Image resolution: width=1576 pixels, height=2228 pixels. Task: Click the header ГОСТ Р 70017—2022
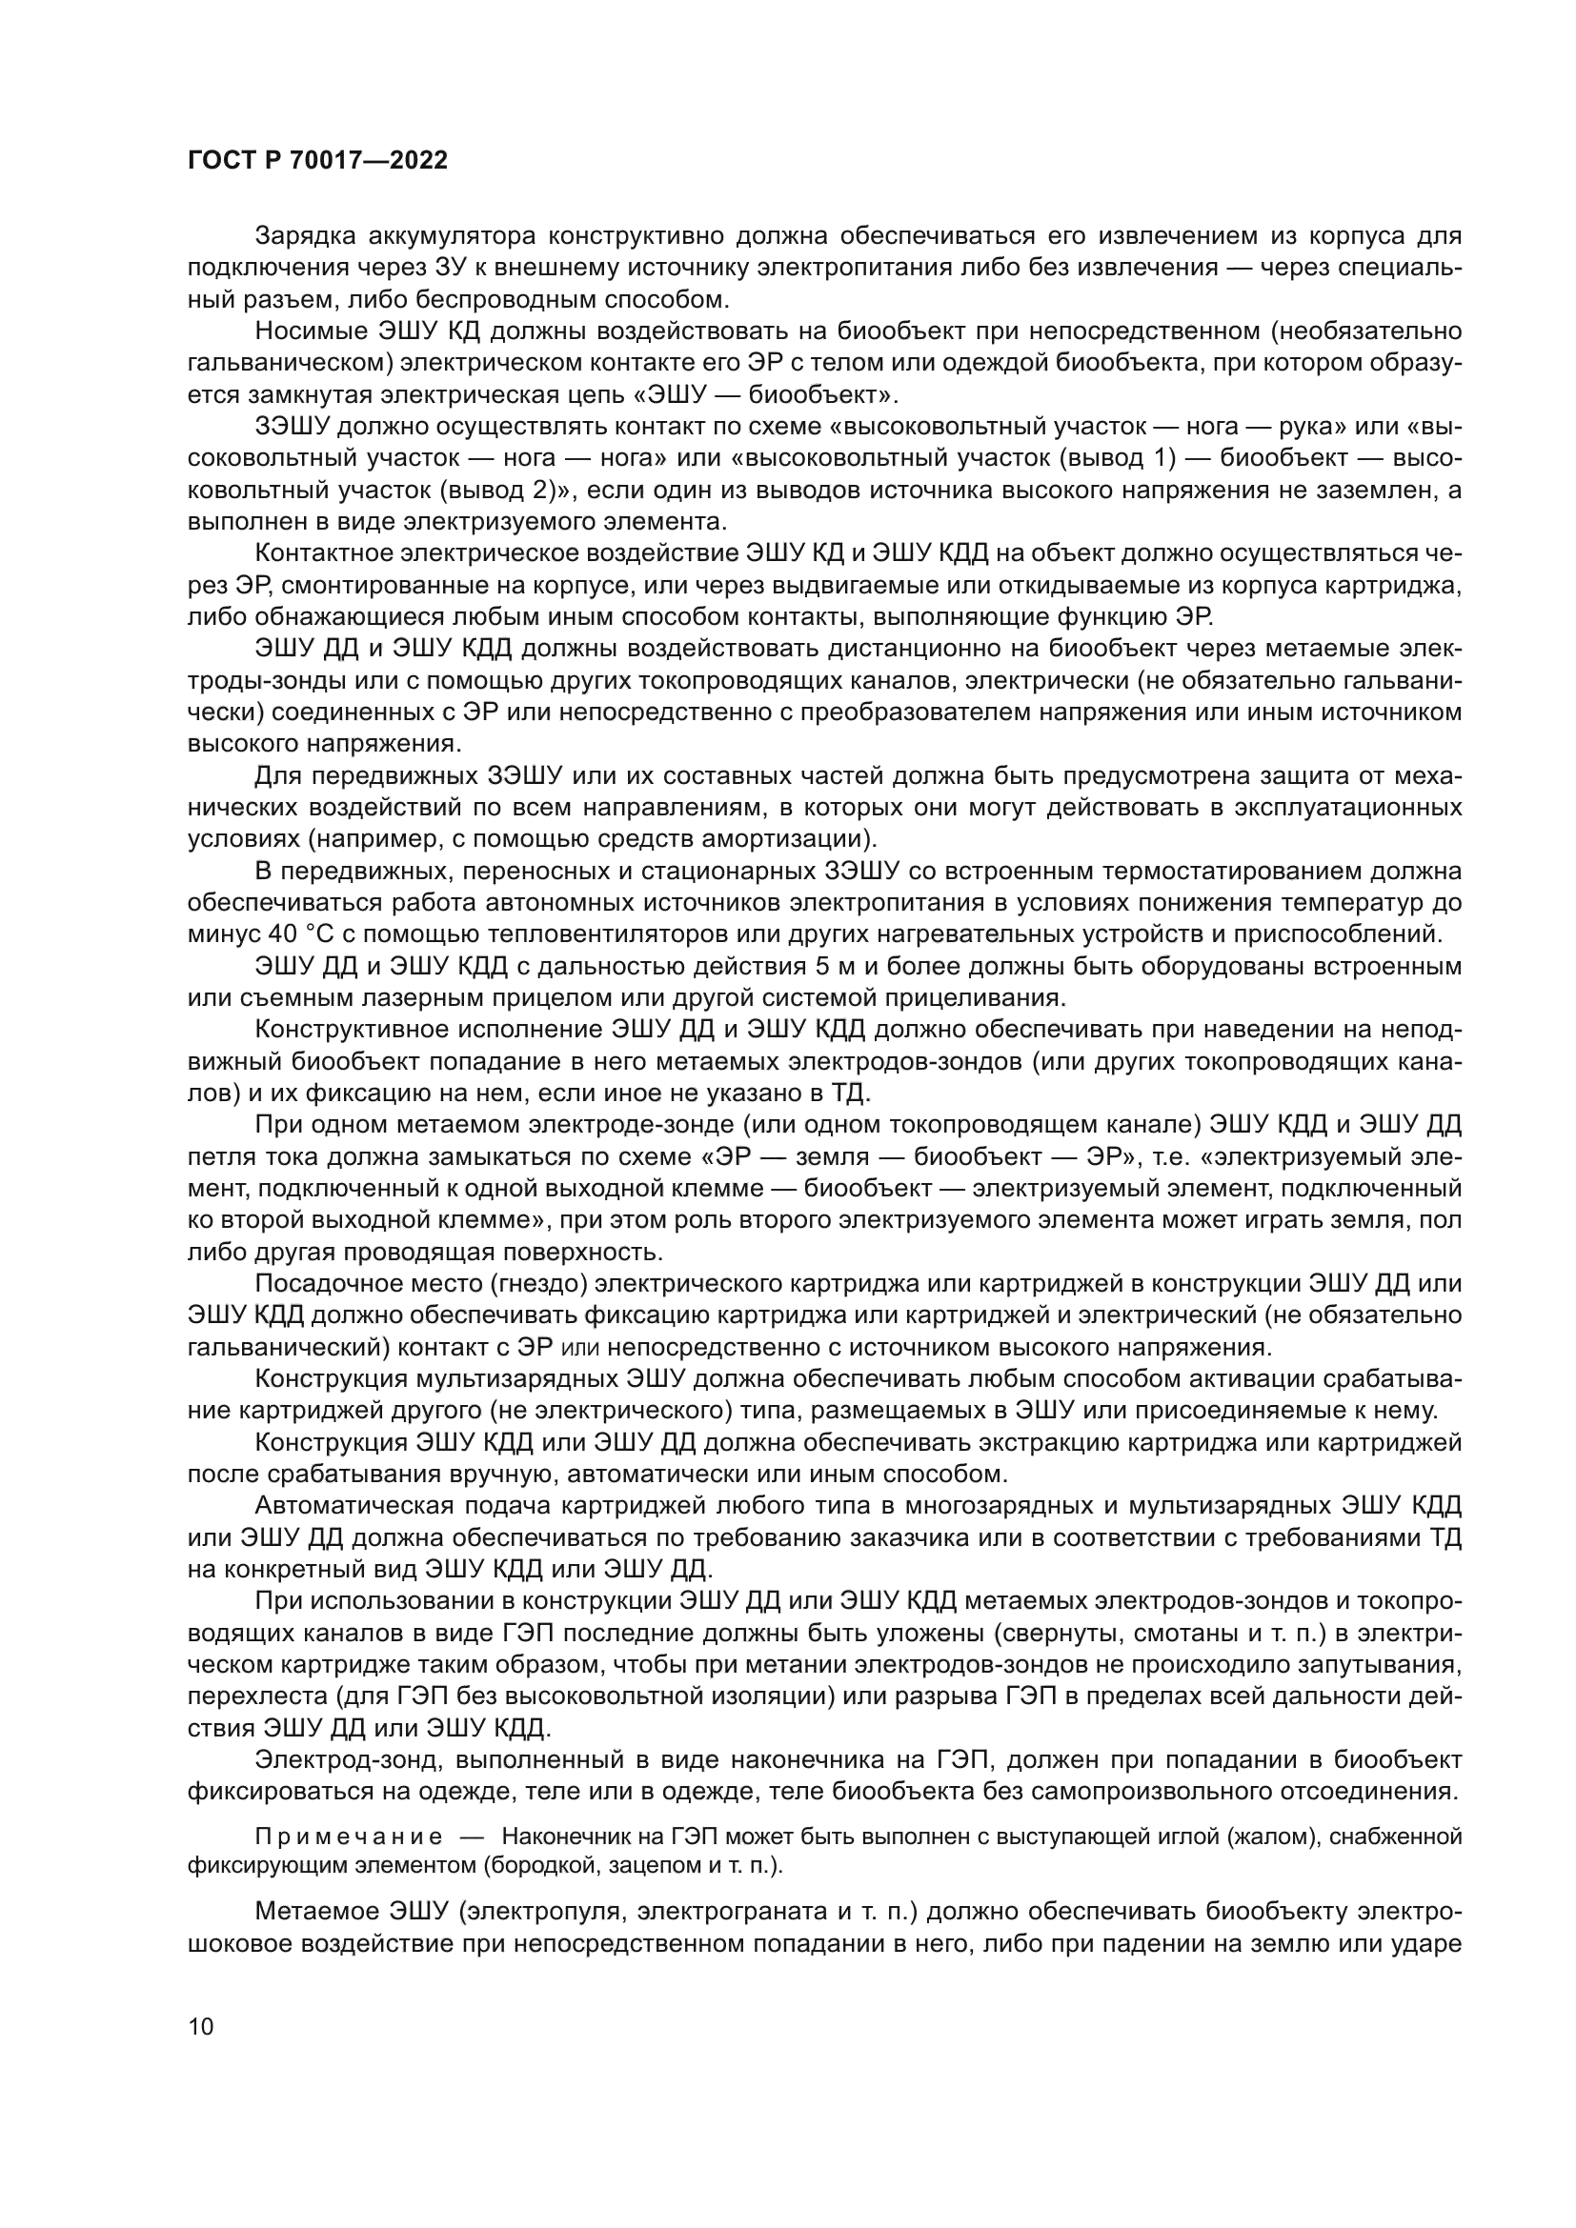317,161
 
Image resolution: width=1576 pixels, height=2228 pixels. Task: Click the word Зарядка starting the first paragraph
310,236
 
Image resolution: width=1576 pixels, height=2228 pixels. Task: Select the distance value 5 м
835,967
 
